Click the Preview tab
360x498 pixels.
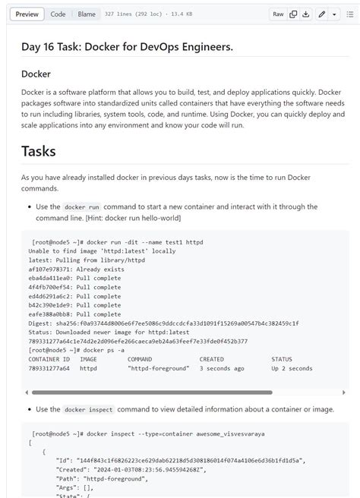(27, 14)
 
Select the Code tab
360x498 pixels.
(58, 14)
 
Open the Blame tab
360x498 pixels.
(87, 14)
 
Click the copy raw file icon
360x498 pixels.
(293, 14)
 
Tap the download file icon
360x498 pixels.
(305, 14)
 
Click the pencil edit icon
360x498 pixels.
(322, 14)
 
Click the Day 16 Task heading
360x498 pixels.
(127, 47)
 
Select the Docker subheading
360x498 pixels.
(36, 74)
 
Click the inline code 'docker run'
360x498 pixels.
(82, 206)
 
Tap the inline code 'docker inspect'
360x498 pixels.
(89, 409)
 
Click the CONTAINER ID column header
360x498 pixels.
(49, 359)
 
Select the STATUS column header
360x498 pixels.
(282, 359)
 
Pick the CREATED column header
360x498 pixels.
(212, 359)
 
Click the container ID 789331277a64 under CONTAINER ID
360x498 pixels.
(49, 368)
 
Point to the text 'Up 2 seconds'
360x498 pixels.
(292, 368)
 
